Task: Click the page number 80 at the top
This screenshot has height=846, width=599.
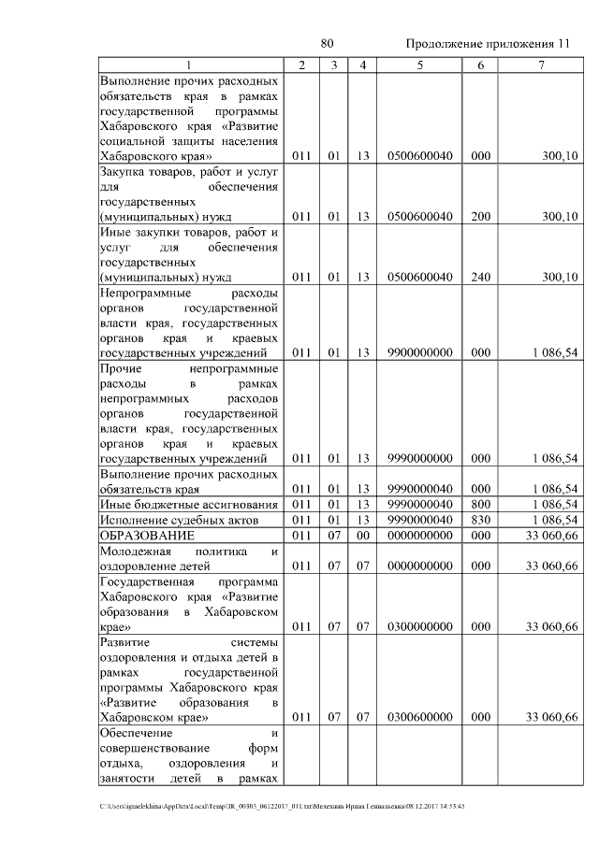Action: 327,44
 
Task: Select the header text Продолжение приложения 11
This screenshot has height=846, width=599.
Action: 487,45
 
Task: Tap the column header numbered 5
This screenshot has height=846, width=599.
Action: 419,65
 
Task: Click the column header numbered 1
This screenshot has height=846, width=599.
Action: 190,65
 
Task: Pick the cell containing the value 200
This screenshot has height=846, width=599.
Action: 480,217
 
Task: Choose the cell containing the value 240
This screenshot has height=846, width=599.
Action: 480,278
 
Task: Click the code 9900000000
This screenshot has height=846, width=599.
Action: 419,352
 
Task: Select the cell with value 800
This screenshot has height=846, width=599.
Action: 480,505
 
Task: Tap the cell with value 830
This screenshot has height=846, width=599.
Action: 480,520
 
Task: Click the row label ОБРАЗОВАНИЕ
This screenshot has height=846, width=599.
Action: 147,536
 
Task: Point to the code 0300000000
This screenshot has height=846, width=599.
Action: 419,626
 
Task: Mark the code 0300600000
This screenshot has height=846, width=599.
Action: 419,717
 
